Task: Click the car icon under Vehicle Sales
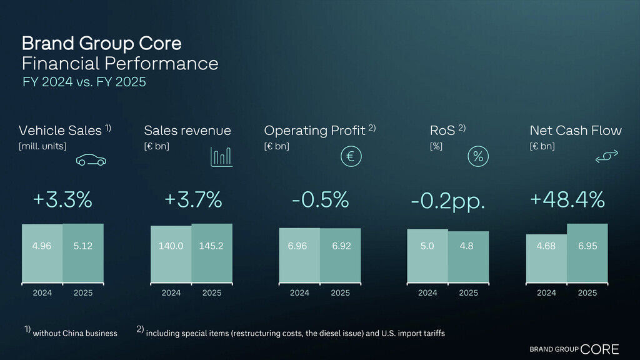(x=91, y=161)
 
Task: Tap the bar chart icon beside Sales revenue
(x=221, y=157)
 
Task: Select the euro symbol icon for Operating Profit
(x=351, y=157)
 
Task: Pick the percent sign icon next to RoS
(x=478, y=157)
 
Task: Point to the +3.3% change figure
(x=62, y=200)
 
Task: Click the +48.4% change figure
(x=567, y=200)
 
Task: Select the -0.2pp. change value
(x=448, y=201)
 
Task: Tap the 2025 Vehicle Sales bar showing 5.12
(x=82, y=252)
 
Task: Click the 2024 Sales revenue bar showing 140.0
(x=171, y=253)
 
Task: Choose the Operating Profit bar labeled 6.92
(x=341, y=254)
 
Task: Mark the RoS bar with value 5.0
(x=427, y=255)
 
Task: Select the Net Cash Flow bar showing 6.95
(x=587, y=252)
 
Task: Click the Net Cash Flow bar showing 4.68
(x=546, y=257)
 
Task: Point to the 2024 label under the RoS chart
(x=427, y=292)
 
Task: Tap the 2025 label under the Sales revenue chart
(x=211, y=292)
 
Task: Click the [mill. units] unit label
(x=42, y=146)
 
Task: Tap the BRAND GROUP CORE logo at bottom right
(x=574, y=349)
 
